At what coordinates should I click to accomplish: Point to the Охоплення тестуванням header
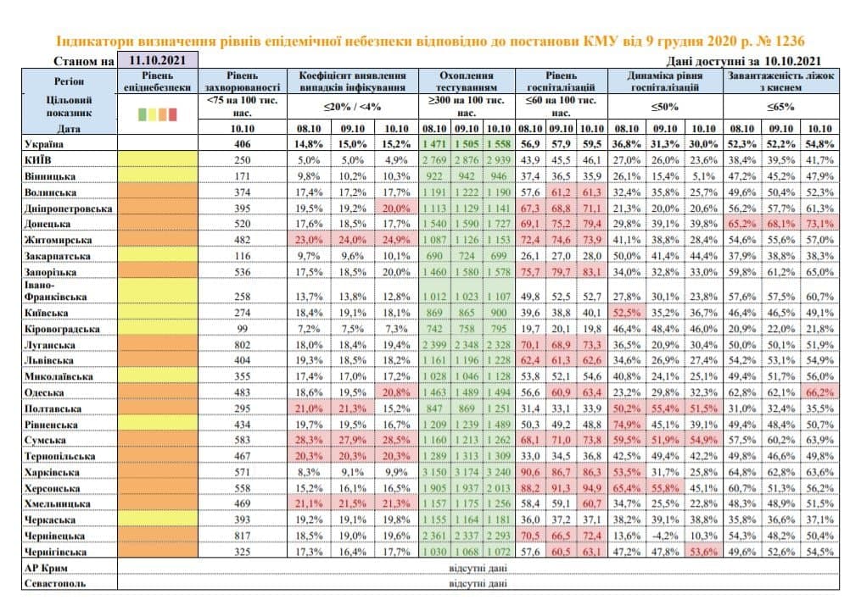pyautogui.click(x=467, y=81)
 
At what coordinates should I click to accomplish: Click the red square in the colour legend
pyautogui.click(x=172, y=114)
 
